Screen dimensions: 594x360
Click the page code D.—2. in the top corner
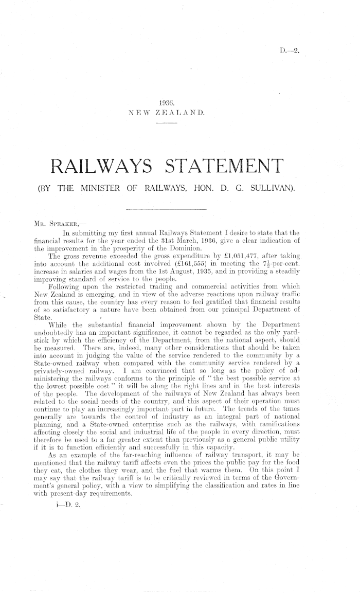tap(289, 50)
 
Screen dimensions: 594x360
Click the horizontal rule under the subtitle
tap(166, 210)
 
